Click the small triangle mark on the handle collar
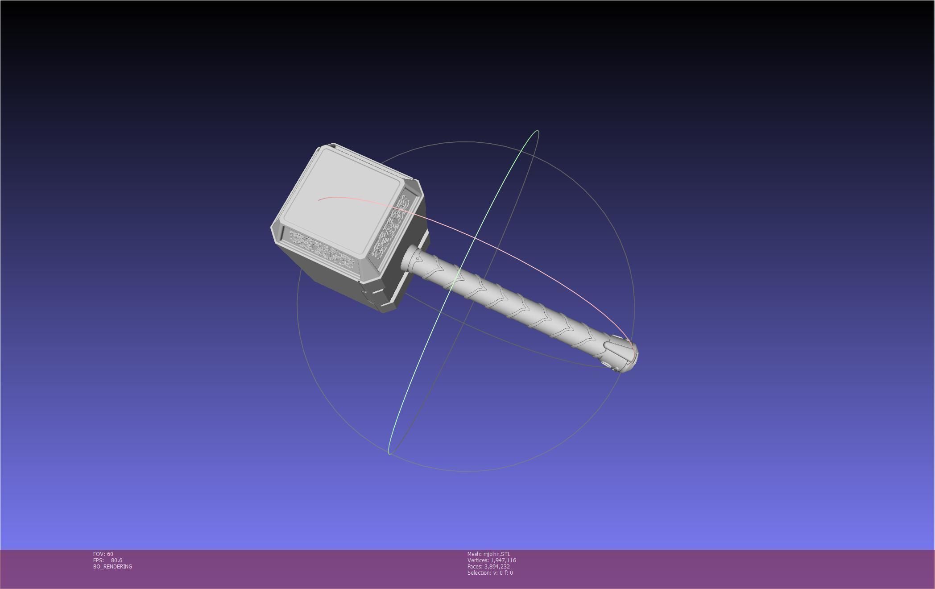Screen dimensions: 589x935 [418, 258]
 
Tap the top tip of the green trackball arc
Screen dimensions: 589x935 [538, 131]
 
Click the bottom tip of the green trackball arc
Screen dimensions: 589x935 [389, 454]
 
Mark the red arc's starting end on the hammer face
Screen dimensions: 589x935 [319, 200]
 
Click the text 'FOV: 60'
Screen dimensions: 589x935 [103, 554]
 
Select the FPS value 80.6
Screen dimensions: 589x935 [116, 560]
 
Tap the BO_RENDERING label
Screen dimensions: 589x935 [112, 567]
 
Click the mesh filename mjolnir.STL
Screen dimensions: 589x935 [496, 554]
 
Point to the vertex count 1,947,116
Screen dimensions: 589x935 [503, 560]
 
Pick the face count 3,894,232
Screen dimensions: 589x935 [497, 567]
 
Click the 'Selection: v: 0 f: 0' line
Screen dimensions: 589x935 [490, 573]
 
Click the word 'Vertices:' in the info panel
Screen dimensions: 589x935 [478, 560]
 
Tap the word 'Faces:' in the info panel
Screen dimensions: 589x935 [475, 567]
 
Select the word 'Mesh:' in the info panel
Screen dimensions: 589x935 [474, 554]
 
